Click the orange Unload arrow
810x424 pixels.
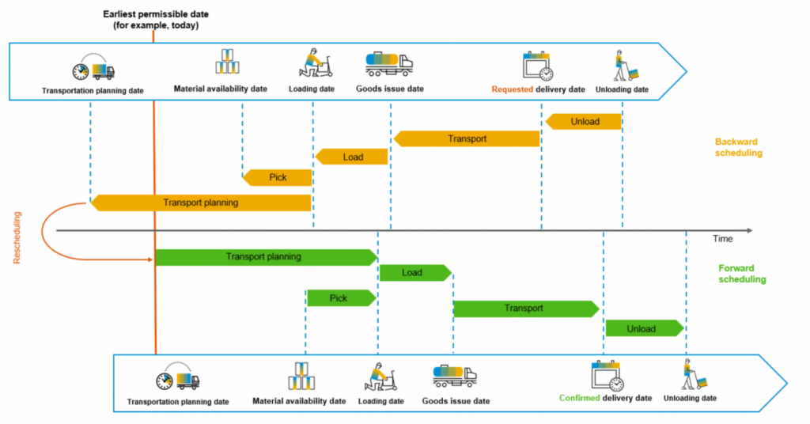(584, 122)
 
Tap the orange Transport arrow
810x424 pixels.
(467, 139)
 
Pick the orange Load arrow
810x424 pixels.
(352, 157)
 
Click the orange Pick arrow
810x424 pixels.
(277, 177)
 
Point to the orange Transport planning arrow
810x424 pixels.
(201, 203)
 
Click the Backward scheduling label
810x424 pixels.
(737, 147)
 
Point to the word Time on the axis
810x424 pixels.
(722, 238)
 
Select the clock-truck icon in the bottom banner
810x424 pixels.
(177, 377)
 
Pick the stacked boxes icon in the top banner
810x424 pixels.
(226, 62)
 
